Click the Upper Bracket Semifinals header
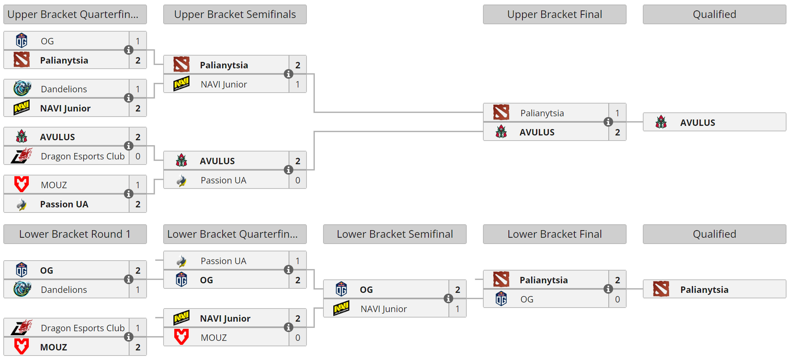[235, 14]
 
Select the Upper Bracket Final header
[554, 14]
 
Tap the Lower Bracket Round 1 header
[75, 234]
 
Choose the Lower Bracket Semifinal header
[395, 234]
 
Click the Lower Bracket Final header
[554, 234]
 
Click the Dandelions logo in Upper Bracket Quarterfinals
[22, 89]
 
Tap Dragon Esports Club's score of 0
[138, 156]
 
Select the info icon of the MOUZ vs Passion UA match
[129, 194]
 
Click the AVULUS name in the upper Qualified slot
[697, 123]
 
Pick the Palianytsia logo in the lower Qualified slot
[661, 289]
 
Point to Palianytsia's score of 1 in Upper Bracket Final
[618, 113]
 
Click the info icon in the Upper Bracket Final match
[608, 122]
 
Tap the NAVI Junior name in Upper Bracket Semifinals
[224, 84]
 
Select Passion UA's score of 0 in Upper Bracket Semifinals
[298, 180]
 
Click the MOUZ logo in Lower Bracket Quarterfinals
[181, 337]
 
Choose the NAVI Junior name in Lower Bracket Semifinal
[384, 309]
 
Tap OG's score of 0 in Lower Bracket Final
[618, 299]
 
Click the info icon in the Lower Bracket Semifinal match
[448, 298]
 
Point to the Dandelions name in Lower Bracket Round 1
[64, 290]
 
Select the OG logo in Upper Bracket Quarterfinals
[22, 41]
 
